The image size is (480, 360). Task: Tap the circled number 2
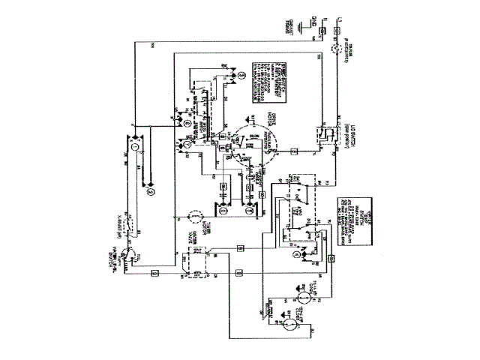150,192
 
